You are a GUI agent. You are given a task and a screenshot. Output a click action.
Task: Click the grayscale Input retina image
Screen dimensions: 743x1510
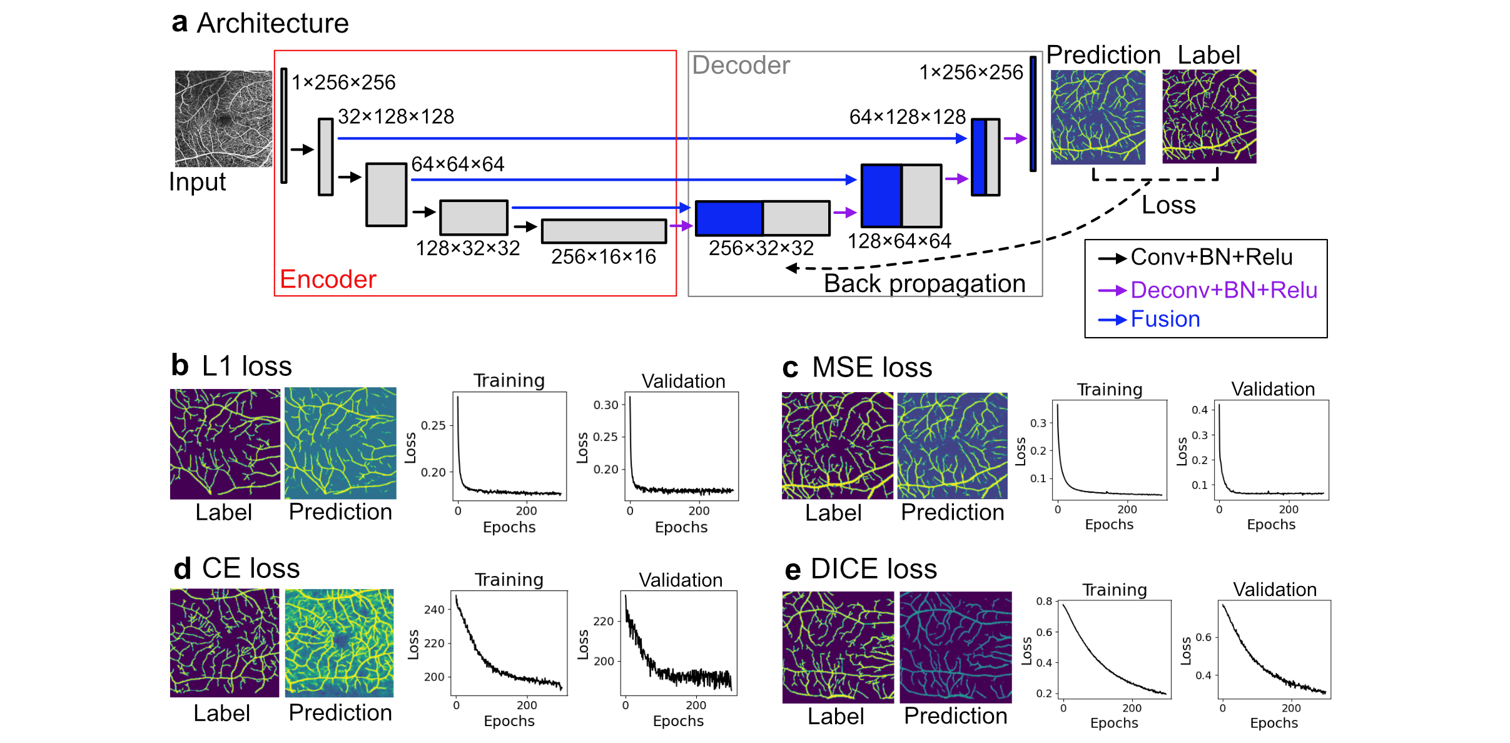point(223,118)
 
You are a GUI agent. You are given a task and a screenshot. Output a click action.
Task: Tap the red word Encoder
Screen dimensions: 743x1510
point(328,279)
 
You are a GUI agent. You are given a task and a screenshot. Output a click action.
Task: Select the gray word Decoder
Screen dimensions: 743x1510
point(741,65)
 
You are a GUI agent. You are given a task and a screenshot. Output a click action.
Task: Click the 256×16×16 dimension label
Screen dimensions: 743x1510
point(603,256)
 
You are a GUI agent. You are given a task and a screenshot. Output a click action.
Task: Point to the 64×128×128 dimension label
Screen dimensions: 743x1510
point(907,116)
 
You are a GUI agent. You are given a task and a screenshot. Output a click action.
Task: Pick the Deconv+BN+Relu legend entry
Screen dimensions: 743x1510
point(1223,290)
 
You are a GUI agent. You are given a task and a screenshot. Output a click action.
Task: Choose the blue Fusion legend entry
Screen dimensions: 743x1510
point(1165,319)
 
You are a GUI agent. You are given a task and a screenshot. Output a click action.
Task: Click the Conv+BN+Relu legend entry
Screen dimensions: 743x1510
point(1211,257)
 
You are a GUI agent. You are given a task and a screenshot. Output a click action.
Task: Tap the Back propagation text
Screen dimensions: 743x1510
point(925,283)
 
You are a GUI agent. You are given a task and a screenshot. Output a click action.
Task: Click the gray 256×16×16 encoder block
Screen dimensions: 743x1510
point(604,231)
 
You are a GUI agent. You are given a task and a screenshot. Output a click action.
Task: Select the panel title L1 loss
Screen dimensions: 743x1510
point(246,366)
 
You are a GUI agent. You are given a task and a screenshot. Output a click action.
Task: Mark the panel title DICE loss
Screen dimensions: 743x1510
point(873,569)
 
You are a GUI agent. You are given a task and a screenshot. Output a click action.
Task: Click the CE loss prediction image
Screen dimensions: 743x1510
point(340,643)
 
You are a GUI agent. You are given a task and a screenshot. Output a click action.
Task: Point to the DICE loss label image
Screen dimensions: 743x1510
point(838,647)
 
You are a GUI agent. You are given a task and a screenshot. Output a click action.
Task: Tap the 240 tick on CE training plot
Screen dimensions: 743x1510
point(434,609)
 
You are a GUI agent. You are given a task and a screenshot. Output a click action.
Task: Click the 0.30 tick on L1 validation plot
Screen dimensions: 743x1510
point(606,405)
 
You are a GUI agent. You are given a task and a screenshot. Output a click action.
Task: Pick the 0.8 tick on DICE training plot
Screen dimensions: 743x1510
point(1044,601)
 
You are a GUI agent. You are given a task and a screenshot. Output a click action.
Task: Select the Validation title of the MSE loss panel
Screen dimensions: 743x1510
point(1273,389)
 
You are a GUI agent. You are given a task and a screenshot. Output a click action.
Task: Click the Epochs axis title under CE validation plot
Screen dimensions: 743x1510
point(678,721)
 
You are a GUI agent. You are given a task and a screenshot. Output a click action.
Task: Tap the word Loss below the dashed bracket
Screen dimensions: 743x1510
point(1168,205)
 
